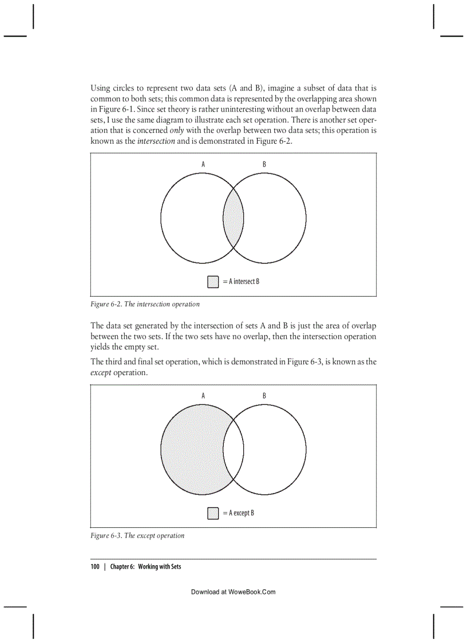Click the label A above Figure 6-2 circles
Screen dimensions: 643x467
(203, 164)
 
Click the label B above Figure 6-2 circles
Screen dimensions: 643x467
(264, 164)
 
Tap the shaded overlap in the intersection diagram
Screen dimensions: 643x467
(233, 218)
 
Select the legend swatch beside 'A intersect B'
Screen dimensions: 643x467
(213, 282)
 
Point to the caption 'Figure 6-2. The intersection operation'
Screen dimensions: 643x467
(145, 304)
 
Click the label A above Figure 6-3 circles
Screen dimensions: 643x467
(203, 396)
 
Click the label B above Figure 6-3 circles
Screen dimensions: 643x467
(264, 396)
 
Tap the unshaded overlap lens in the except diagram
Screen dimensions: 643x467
(233, 449)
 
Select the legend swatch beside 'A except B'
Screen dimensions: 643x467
(213, 513)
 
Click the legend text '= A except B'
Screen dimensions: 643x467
(239, 513)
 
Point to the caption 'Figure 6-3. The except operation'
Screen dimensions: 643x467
(137, 536)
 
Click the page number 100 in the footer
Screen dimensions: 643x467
(95, 567)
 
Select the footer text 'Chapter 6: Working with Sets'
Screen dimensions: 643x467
(145, 567)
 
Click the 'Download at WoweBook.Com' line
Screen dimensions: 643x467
(233, 592)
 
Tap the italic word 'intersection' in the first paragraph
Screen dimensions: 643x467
(156, 141)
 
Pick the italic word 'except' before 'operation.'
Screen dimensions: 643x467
(101, 373)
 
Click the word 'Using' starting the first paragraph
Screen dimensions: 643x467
(100, 88)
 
